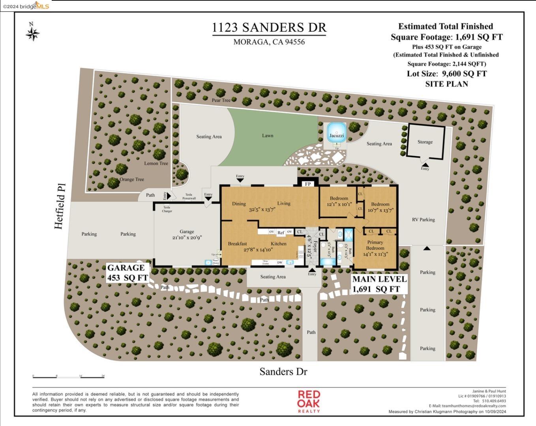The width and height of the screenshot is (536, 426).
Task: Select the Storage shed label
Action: (425, 142)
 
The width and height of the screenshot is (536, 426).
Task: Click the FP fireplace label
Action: (308, 184)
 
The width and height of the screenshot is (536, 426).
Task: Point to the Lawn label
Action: (268, 136)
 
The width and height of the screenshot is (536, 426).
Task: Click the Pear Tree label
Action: (221, 100)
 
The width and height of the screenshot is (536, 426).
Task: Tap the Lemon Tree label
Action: (156, 163)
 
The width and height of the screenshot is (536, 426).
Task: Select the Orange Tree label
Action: (131, 179)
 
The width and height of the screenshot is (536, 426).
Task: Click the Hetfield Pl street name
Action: (59, 206)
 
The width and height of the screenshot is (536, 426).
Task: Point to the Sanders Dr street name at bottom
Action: (283, 372)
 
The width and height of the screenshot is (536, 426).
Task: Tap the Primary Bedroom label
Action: (375, 245)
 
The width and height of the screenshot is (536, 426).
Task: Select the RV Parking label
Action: (423, 220)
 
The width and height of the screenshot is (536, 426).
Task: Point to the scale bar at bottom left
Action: (69, 377)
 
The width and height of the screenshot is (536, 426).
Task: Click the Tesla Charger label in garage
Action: (167, 209)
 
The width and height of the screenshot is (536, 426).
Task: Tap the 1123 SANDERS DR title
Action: (269, 28)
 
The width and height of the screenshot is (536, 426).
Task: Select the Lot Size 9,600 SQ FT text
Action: (446, 74)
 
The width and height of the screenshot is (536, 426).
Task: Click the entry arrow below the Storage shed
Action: (425, 164)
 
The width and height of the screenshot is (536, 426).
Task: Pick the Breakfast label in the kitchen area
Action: (237, 244)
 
